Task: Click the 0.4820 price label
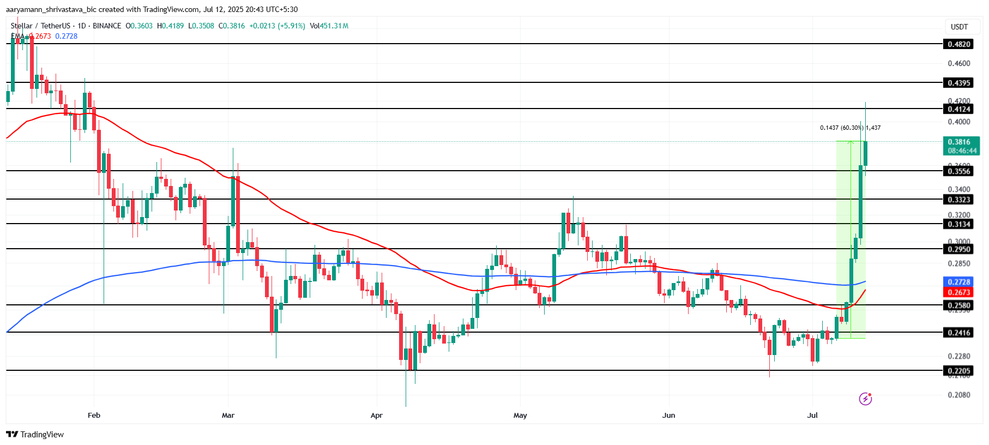pos(958,44)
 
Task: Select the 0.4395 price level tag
pos(958,83)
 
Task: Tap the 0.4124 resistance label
pos(958,109)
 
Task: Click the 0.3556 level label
pos(958,171)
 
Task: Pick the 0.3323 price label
pos(958,200)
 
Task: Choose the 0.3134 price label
pos(958,224)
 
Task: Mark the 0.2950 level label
pos(958,249)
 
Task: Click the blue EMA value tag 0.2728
pos(958,282)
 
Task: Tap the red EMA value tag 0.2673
pos(958,292)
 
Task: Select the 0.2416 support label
pos(958,333)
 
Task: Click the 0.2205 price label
pos(958,371)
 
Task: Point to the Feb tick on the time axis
pos(94,416)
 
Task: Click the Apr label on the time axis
pos(376,416)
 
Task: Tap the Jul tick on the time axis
pos(812,416)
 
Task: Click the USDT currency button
pos(959,27)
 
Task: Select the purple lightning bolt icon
pos(865,399)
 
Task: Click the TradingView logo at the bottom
pos(35,435)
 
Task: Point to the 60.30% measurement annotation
pos(850,128)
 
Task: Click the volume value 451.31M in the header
pos(334,26)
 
